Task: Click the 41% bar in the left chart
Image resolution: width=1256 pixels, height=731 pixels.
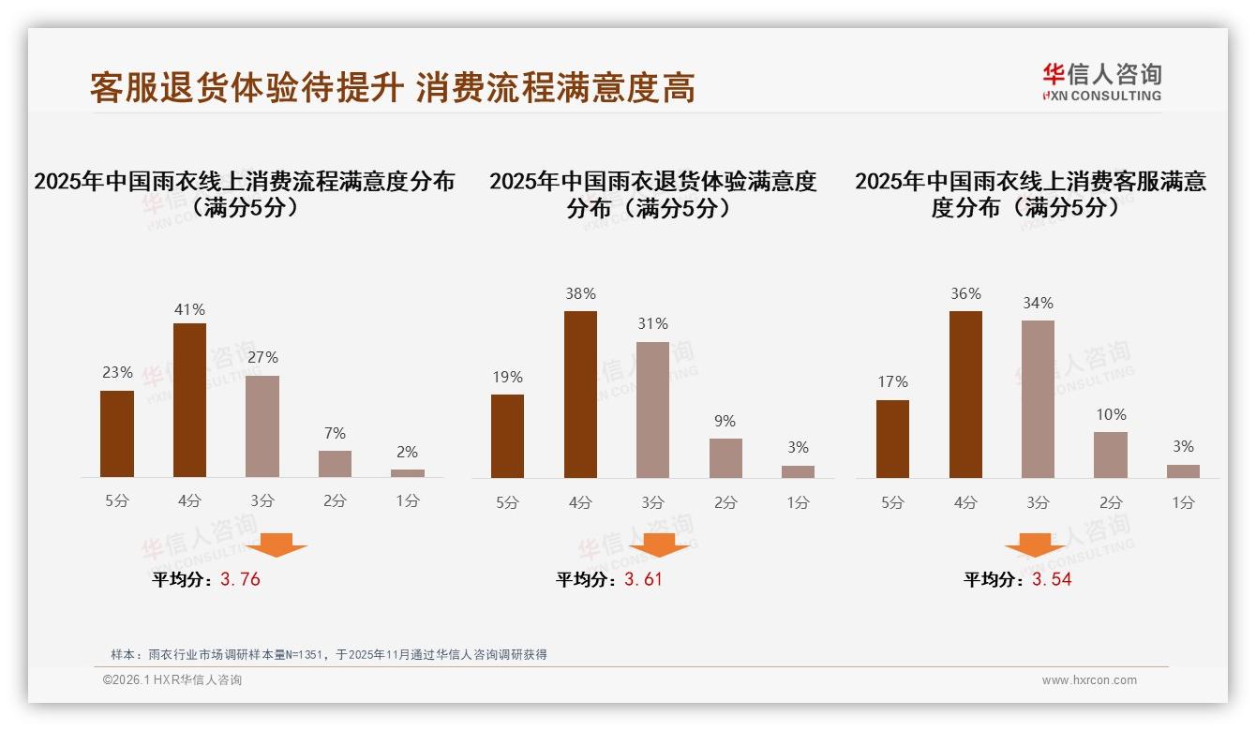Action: (x=189, y=400)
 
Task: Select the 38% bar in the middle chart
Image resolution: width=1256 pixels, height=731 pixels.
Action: (x=580, y=395)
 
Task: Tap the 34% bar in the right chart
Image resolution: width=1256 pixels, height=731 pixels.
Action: (x=1038, y=399)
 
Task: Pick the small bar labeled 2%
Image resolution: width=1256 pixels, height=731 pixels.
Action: (x=408, y=473)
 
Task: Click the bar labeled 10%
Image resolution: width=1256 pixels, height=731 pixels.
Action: (x=1111, y=455)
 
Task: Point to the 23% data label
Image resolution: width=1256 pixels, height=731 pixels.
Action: (x=117, y=372)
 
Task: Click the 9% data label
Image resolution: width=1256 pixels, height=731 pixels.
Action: (x=725, y=422)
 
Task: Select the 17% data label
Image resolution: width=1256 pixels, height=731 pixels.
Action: (x=892, y=381)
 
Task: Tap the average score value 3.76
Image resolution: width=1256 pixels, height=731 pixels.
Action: (x=240, y=579)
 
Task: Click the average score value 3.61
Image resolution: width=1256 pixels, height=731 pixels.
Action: (x=643, y=579)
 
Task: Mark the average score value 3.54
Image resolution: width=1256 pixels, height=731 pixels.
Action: (x=1052, y=579)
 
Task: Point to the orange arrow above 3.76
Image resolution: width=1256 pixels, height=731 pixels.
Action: (x=277, y=545)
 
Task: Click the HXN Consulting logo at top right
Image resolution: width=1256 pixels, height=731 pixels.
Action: (x=1101, y=82)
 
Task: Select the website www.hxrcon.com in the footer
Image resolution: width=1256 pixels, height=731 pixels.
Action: (x=1089, y=680)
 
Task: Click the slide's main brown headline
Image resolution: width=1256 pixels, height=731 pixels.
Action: (x=392, y=88)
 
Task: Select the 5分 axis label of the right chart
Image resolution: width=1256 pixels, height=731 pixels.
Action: (x=892, y=502)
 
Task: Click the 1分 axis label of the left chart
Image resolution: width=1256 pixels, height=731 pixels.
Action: (x=408, y=501)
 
